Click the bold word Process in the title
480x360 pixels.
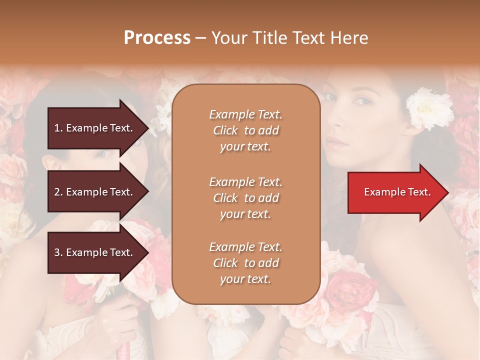[x=157, y=38]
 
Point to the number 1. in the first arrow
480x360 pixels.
[x=58, y=128]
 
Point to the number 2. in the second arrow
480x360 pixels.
[x=58, y=192]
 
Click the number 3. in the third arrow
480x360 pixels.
[x=58, y=252]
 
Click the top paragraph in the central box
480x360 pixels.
[x=246, y=130]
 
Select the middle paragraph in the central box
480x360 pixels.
[x=246, y=198]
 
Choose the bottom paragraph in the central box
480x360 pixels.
[x=246, y=263]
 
